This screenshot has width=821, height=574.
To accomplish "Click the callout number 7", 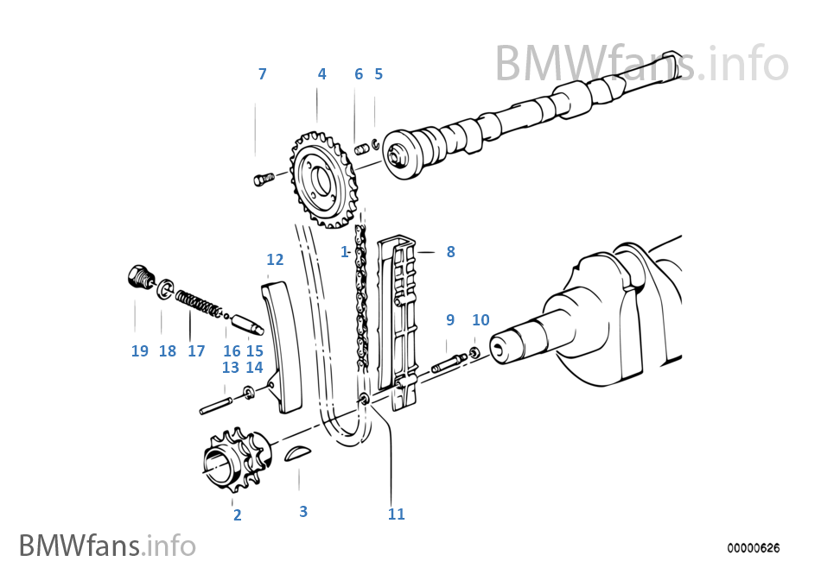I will click(x=263, y=74).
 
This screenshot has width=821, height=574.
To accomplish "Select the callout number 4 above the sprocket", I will click(x=321, y=74).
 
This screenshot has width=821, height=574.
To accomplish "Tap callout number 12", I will click(x=275, y=259).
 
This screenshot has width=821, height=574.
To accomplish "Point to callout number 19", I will click(x=140, y=351).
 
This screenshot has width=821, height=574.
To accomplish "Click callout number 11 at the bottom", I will click(x=396, y=514).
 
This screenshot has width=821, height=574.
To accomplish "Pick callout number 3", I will click(x=302, y=512).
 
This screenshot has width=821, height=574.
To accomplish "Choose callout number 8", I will click(x=450, y=252).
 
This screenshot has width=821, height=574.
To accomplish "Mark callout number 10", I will click(x=481, y=320).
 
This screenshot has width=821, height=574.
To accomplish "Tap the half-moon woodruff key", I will click(x=295, y=452).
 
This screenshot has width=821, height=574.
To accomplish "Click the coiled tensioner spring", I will click(x=199, y=305).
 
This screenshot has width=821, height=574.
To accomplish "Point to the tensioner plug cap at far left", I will click(x=137, y=278).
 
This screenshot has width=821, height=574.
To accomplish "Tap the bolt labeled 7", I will click(x=264, y=179).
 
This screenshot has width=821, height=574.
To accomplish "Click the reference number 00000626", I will click(x=753, y=548).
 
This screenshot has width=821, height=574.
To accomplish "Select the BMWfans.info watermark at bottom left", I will click(x=106, y=546).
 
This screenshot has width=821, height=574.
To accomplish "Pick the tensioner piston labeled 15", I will click(x=246, y=325).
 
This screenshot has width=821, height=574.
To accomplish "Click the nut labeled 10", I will click(x=474, y=353).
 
